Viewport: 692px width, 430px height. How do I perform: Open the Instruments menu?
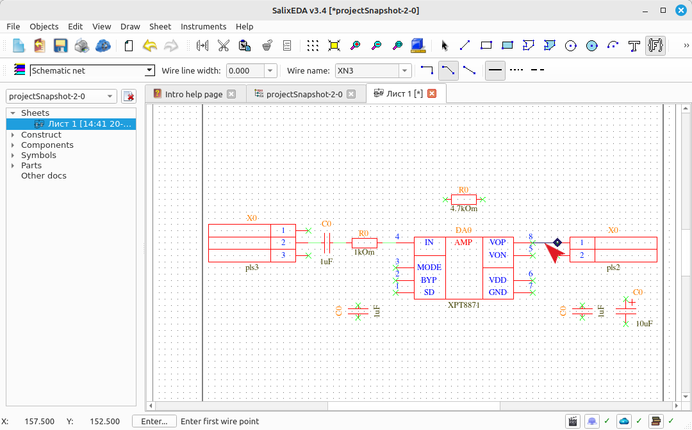pos(204,26)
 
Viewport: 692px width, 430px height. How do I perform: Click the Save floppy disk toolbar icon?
pos(60,45)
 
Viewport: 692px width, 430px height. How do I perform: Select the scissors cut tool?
pos(224,45)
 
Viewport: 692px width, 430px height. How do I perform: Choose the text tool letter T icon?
pos(634,45)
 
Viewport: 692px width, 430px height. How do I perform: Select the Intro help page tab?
pos(194,94)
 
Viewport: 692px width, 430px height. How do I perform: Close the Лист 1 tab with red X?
pos(432,93)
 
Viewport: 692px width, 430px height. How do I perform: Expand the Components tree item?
pos(12,145)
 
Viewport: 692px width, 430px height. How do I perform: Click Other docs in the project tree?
pos(44,175)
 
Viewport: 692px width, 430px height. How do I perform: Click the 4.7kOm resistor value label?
pos(463,209)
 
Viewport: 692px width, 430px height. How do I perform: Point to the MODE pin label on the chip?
pos(429,267)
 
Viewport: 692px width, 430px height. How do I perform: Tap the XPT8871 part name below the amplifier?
pos(463,305)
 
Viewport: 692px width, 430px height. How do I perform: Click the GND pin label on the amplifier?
pos(497,292)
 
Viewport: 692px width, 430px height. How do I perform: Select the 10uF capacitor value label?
pos(644,323)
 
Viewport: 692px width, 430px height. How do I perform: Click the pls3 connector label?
pos(252,267)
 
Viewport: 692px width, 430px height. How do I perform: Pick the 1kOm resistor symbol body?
pos(365,243)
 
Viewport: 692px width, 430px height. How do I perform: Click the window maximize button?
pos(663,10)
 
